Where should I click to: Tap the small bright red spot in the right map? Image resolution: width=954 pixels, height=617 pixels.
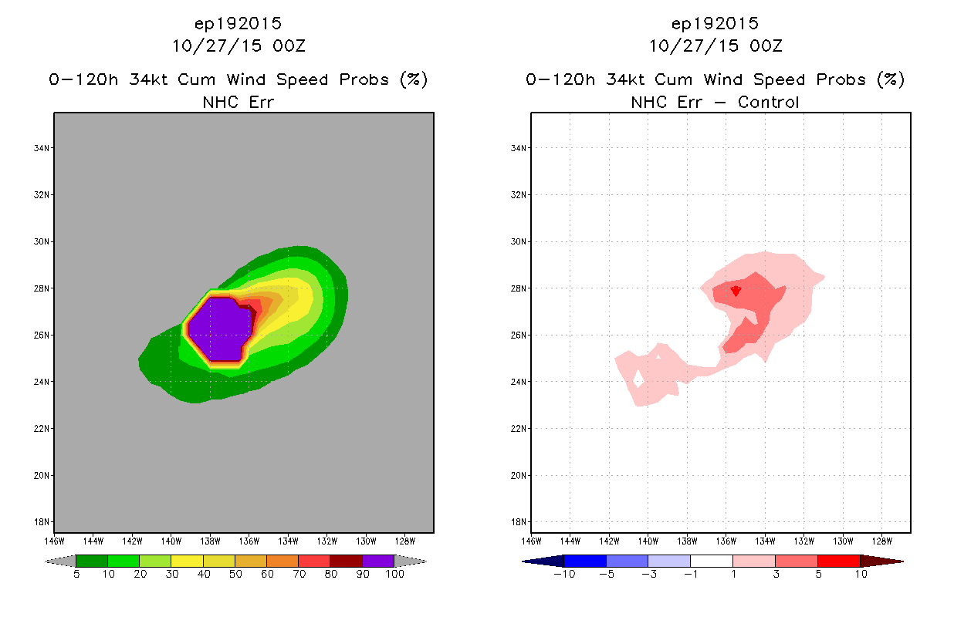click(736, 291)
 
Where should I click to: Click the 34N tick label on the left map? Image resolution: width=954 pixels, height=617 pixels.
click(42, 148)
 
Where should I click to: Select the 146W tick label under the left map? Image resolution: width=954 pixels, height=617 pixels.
click(55, 541)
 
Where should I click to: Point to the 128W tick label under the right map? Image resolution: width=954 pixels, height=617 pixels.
click(882, 541)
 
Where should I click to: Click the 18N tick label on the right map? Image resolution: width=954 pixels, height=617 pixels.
click(519, 522)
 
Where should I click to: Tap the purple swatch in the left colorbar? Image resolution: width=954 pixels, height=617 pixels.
click(378, 561)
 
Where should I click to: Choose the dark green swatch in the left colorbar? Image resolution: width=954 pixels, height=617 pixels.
click(92, 561)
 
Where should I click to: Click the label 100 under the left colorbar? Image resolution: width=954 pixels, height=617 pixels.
click(394, 574)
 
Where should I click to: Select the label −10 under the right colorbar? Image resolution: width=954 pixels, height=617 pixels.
click(564, 574)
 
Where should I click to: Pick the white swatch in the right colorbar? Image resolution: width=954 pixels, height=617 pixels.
click(712, 561)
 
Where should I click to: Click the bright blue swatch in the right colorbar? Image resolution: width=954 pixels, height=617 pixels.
click(585, 561)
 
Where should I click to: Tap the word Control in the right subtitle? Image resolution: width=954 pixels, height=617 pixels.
click(768, 103)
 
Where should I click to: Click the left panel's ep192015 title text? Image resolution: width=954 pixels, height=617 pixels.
click(238, 24)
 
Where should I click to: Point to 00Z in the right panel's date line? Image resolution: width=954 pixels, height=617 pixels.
click(766, 46)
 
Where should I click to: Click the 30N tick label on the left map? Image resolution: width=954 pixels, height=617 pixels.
click(42, 241)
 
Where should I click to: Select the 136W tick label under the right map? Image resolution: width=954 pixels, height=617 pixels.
click(726, 541)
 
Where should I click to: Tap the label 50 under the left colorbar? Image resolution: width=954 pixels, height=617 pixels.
click(235, 574)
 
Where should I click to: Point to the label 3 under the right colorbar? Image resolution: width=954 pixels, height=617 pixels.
click(776, 574)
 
